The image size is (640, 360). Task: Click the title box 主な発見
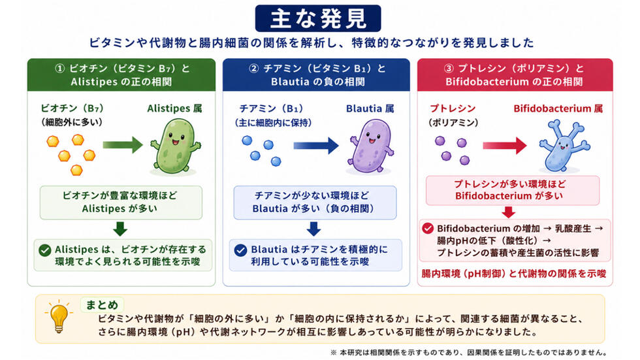[318, 18]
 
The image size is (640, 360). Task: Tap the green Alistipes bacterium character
[176, 146]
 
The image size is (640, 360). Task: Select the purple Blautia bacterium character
[371, 146]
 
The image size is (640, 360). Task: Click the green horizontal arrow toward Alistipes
[123, 145]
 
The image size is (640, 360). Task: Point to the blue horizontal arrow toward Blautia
[316, 145]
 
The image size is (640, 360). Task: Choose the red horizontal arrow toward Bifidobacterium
[504, 146]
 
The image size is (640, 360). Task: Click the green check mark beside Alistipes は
[45, 250]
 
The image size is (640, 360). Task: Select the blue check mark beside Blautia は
[241, 250]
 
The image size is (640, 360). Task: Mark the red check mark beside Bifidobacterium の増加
[428, 228]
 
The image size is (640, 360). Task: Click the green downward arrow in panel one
[120, 229]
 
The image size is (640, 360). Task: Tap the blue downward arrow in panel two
[313, 229]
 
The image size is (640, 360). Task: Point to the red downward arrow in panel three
[508, 212]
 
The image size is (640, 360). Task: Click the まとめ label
[102, 305]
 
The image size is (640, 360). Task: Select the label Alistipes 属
[175, 108]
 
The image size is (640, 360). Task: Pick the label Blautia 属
[370, 108]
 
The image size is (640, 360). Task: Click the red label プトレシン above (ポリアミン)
[453, 108]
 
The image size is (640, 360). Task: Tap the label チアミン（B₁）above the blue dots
[271, 108]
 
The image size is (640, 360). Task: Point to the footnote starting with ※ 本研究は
[469, 352]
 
